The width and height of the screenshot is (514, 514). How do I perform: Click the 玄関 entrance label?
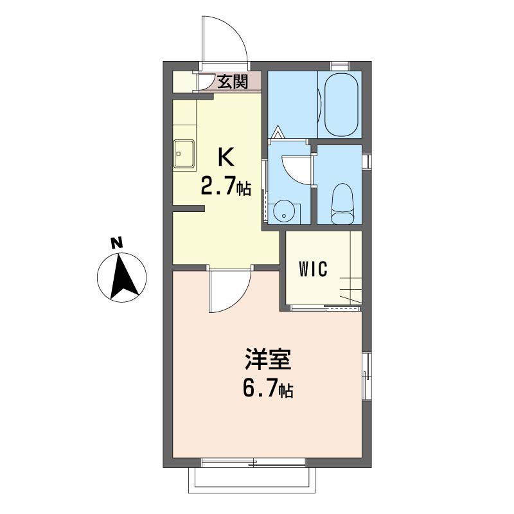[233, 82]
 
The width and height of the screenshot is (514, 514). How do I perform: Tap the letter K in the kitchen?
[226, 157]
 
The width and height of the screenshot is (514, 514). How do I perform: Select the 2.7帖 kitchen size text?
[226, 188]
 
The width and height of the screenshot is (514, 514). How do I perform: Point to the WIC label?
[313, 269]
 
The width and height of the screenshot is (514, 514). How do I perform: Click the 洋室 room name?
[268, 359]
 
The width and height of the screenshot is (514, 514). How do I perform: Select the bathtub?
[341, 105]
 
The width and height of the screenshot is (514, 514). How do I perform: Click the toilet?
[343, 203]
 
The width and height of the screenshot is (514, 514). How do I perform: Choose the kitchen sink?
[184, 154]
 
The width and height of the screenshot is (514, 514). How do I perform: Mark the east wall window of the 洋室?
[367, 376]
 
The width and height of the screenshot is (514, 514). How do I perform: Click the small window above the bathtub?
[340, 66]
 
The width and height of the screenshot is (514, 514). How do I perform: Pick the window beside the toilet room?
[367, 161]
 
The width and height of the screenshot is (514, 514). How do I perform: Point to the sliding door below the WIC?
[326, 308]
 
